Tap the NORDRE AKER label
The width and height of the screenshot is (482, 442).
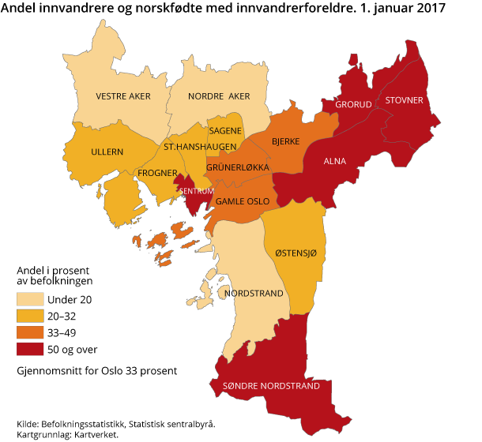(219, 96)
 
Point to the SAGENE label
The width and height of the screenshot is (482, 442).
(224, 131)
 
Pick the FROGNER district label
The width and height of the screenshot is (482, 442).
(156, 171)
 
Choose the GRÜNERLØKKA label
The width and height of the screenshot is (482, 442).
(238, 168)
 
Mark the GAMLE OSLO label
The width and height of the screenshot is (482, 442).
(243, 202)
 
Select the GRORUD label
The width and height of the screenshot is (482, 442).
(352, 105)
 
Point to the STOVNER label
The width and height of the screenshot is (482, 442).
(405, 100)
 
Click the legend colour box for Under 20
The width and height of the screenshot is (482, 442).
(28, 299)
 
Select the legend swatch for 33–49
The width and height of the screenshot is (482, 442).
(28, 332)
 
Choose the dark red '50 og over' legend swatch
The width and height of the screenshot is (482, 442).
(28, 349)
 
